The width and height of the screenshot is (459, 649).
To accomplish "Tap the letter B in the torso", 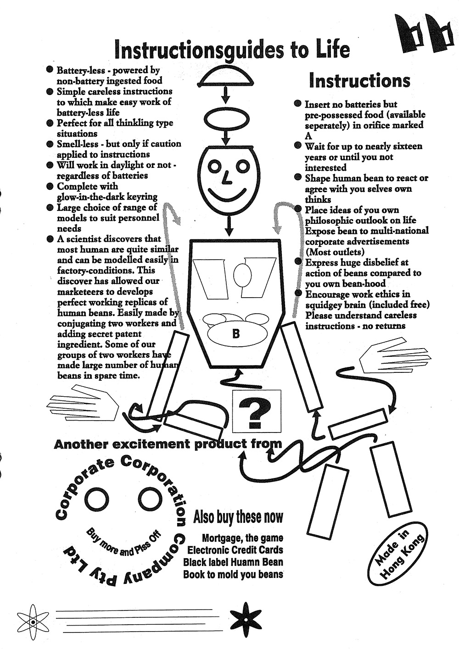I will coord(236,334).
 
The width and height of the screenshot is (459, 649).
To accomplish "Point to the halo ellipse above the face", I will coord(225,116).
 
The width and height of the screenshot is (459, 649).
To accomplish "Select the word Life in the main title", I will coord(329,50).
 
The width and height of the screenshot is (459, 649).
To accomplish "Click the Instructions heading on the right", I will coord(359,81).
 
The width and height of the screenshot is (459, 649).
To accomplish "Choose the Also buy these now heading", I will coord(238,517).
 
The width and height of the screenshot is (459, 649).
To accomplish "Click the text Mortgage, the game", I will coord(242,538).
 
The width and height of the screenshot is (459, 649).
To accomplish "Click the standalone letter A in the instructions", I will coord(308,136).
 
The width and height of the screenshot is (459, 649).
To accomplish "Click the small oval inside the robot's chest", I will coord(242,275).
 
